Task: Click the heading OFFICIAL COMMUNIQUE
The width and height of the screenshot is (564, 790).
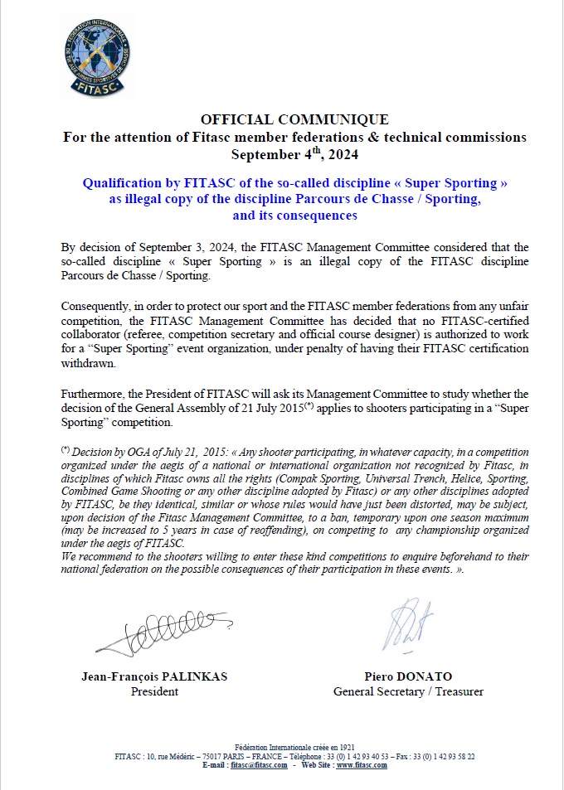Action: (x=294, y=120)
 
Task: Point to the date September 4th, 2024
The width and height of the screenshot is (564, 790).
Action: (x=294, y=154)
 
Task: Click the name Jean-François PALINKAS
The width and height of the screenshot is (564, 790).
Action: (x=155, y=676)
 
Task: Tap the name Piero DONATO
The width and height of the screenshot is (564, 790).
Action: (x=408, y=676)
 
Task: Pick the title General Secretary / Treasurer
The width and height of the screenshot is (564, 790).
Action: (x=408, y=691)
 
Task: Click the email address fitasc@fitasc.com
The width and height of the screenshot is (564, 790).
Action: (x=259, y=765)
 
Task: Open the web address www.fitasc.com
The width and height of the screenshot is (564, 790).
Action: (x=362, y=765)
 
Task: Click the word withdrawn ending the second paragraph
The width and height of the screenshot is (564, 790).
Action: (x=86, y=361)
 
